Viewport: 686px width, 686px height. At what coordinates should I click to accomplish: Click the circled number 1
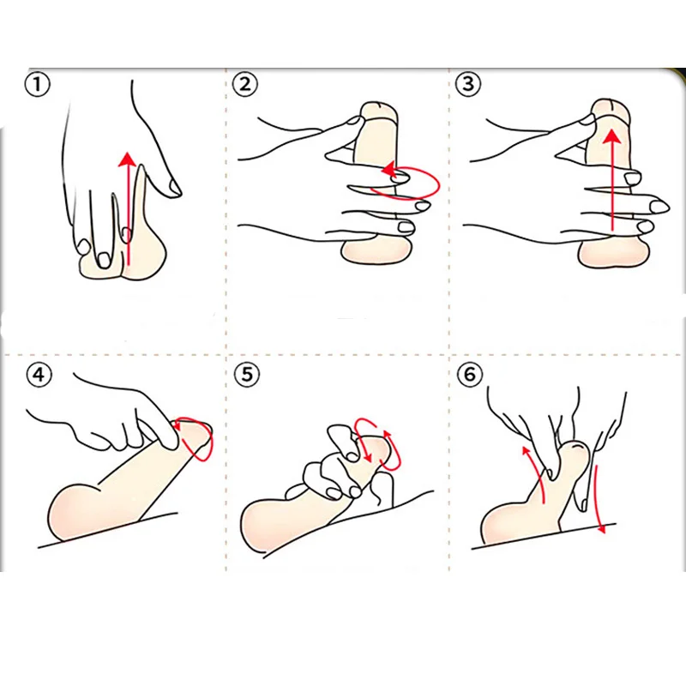pyautogui.click(x=38, y=85)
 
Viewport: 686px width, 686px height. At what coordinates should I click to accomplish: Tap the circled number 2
pyautogui.click(x=246, y=84)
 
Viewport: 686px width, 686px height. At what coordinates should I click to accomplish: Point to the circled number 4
pyautogui.click(x=38, y=376)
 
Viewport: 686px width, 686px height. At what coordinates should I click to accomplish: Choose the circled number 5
pyautogui.click(x=246, y=375)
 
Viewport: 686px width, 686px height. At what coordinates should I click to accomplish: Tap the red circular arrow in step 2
pyautogui.click(x=410, y=180)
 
